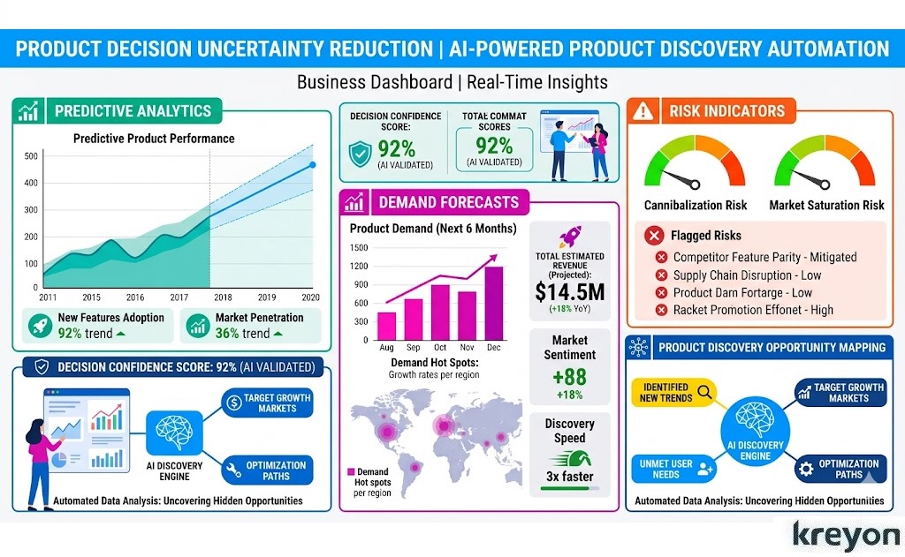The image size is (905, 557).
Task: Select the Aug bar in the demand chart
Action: [387, 326]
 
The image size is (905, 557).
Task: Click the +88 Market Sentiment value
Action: [569, 378]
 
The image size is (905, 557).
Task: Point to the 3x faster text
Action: [569, 478]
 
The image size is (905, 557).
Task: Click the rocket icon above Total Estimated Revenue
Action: [569, 236]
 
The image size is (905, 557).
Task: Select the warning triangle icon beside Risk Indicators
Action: [644, 111]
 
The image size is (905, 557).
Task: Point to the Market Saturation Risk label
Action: [826, 205]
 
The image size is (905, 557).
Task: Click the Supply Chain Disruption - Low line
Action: [747, 275]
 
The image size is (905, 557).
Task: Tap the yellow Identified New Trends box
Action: [677, 393]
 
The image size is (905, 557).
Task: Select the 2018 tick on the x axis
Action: [224, 297]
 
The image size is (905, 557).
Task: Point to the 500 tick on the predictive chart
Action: [31, 156]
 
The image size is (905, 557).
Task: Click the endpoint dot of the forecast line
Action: [313, 165]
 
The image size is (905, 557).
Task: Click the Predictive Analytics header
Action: [133, 111]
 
